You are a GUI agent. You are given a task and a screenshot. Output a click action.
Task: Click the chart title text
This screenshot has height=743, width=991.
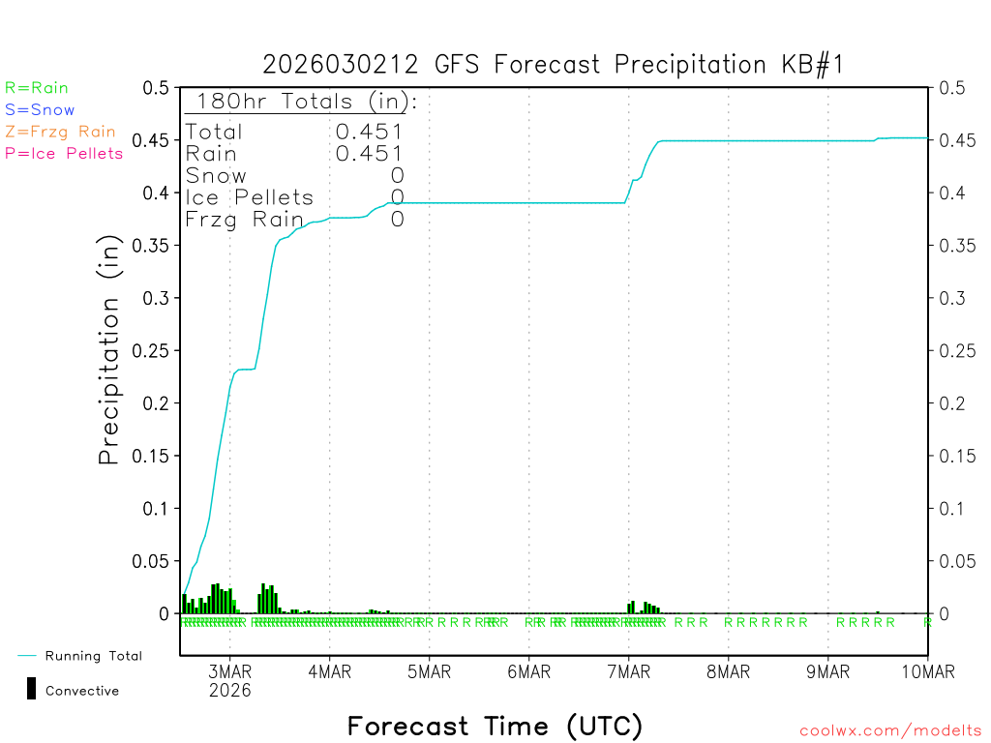pos(555,65)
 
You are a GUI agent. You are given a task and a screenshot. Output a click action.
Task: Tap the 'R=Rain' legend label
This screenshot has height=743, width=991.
pos(37,88)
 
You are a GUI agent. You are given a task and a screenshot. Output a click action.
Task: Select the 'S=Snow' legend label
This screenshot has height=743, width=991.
pos(40,110)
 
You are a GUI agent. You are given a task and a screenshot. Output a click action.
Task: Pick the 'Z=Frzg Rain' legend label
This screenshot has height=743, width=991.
pos(60,132)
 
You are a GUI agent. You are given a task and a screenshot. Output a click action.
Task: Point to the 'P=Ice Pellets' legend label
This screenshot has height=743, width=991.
pos(64,153)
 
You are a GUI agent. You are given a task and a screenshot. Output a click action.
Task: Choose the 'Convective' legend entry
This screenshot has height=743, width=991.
pos(81,691)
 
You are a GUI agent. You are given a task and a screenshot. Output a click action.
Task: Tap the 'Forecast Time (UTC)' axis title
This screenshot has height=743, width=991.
pos(495,726)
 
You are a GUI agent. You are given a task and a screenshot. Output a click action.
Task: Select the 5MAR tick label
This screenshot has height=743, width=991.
pos(429,672)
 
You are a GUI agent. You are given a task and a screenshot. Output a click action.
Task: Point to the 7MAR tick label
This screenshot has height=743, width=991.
pos(628,672)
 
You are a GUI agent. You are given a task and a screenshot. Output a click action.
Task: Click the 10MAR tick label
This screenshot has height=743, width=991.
pos(927,672)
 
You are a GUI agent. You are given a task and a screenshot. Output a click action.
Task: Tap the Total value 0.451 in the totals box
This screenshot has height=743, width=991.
pos(369,132)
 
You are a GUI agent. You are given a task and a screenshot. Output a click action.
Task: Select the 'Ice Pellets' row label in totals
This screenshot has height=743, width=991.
pos(250,197)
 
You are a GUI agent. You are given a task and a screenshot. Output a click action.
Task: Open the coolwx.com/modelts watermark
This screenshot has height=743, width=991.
pos(890,731)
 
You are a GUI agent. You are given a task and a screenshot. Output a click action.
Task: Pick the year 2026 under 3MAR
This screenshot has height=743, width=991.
pos(229,690)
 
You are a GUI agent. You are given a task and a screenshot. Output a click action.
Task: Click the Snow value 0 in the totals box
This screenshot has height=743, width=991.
pos(397,175)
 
